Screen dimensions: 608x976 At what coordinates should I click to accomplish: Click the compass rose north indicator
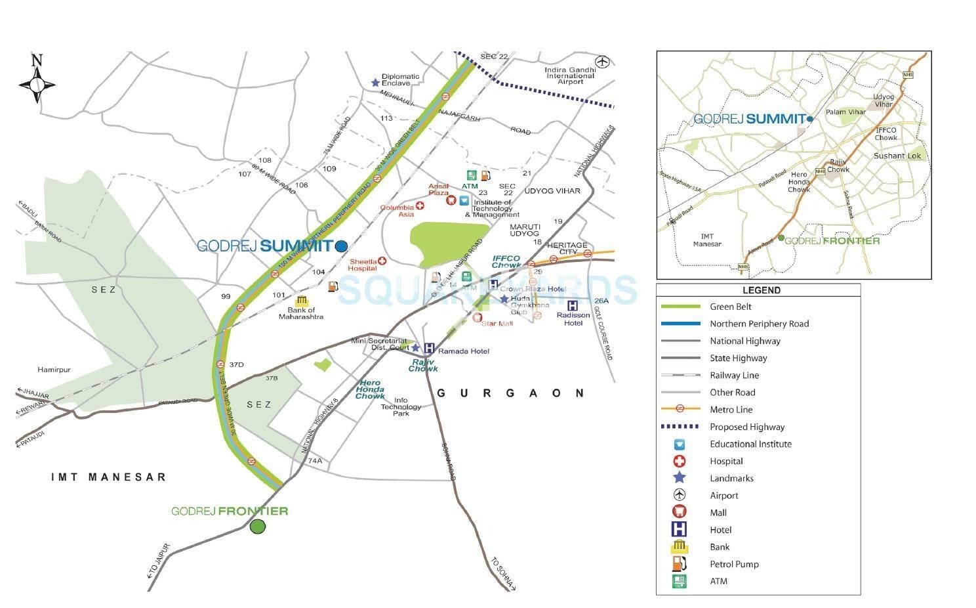(x=37, y=61)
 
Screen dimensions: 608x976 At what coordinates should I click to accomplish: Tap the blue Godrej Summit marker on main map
(x=341, y=246)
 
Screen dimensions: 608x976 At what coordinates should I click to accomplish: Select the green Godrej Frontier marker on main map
(x=258, y=526)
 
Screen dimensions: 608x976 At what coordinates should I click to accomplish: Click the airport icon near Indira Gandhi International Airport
(x=603, y=62)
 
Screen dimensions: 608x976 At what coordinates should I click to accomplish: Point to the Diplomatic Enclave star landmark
(x=375, y=83)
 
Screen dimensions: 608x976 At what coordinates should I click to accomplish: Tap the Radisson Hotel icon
(x=572, y=305)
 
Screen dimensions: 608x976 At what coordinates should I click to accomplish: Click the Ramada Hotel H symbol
(x=429, y=349)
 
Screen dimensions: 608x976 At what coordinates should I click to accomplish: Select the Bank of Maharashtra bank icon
(x=301, y=301)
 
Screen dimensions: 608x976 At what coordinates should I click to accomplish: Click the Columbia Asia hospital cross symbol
(x=420, y=206)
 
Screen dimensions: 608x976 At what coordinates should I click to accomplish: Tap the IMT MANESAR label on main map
(x=109, y=477)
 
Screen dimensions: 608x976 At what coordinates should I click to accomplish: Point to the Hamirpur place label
(x=54, y=370)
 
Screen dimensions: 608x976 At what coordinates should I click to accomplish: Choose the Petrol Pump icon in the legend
(x=680, y=564)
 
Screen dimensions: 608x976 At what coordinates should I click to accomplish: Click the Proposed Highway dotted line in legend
(x=680, y=427)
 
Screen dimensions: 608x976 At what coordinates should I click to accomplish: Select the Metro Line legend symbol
(x=680, y=409)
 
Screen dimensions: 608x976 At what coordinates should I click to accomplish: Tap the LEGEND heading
(x=761, y=290)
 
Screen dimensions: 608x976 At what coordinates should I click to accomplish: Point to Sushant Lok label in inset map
(x=897, y=156)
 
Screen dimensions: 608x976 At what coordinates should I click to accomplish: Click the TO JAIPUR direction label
(x=157, y=560)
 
